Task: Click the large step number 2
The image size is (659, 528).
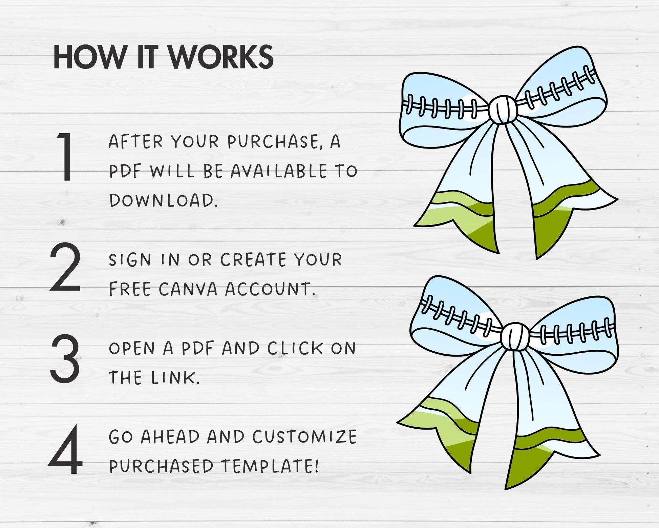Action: [65, 267]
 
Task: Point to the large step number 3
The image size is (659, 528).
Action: [65, 358]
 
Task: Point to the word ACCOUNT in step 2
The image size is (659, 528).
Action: [270, 289]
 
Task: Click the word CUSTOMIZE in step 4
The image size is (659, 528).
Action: [304, 437]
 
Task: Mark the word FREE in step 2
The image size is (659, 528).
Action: [130, 289]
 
